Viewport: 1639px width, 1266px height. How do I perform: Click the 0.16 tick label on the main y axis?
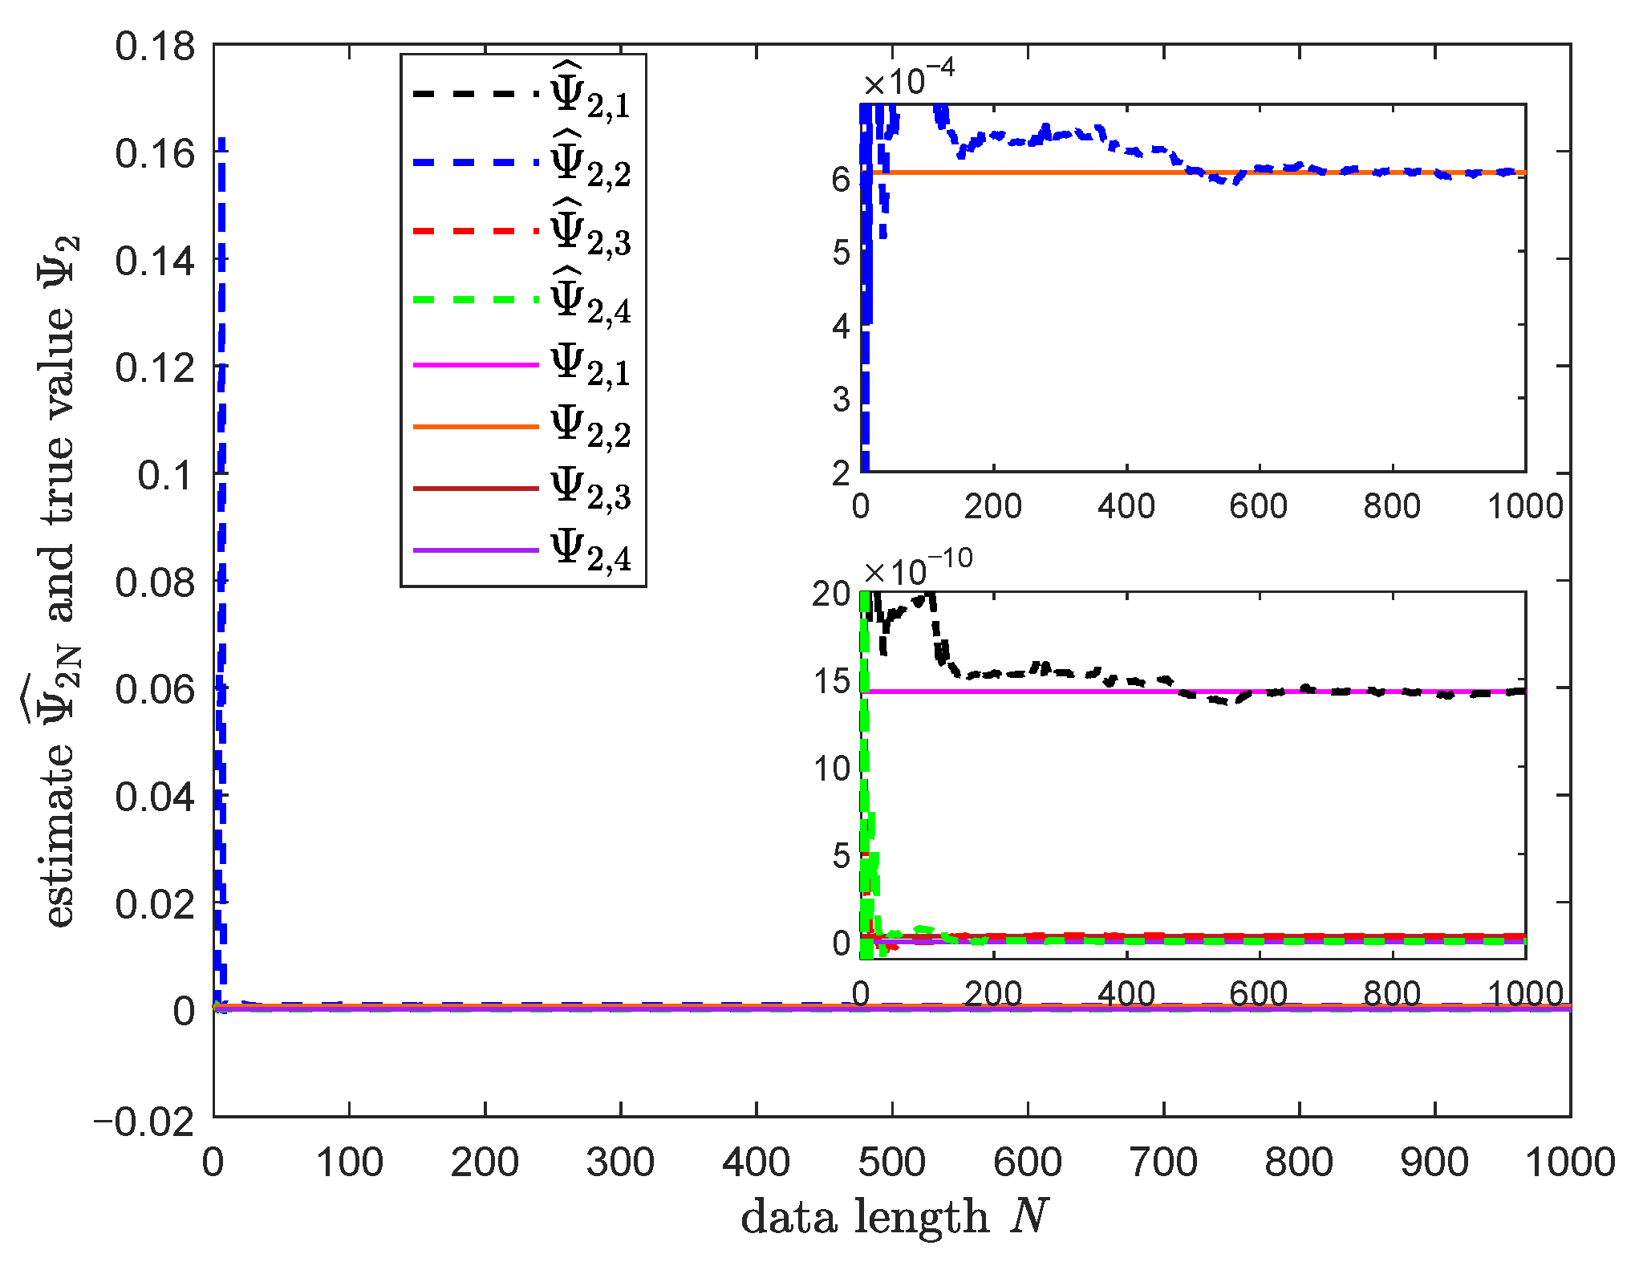click(x=155, y=153)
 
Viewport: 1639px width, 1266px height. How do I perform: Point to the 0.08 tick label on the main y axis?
click(x=155, y=582)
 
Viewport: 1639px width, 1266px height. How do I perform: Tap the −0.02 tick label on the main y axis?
click(x=145, y=1121)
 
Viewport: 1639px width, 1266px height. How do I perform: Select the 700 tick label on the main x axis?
click(x=1162, y=1163)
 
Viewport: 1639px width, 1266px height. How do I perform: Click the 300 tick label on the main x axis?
click(x=620, y=1163)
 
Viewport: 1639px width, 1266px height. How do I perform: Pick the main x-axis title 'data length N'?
click(x=895, y=1217)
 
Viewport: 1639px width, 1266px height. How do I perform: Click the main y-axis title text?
click(x=59, y=582)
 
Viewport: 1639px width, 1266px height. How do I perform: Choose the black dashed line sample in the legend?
click(x=475, y=94)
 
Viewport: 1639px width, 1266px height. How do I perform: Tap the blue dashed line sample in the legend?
click(x=475, y=163)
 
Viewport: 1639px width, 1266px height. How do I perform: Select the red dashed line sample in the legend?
click(x=475, y=231)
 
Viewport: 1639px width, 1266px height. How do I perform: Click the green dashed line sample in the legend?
click(x=475, y=300)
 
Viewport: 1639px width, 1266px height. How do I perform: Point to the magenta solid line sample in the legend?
click(x=475, y=365)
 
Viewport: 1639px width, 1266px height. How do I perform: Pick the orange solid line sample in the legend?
click(x=475, y=427)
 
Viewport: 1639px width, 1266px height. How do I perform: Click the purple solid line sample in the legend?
click(x=475, y=550)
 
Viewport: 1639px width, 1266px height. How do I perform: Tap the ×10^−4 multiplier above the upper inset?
click(x=909, y=80)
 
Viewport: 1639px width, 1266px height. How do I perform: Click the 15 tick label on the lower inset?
click(x=832, y=682)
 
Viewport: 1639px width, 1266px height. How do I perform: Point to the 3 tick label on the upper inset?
click(x=841, y=399)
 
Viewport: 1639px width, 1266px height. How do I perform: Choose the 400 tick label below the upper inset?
click(x=1126, y=506)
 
